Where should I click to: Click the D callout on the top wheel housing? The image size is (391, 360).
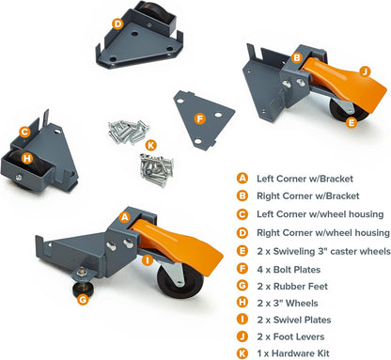pos(117,23)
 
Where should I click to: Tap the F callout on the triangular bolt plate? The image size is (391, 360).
pos(199,119)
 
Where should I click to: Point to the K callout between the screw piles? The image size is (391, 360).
pos(151,146)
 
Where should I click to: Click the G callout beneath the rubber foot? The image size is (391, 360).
pos(83,300)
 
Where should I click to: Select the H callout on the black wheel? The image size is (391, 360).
pos(27,158)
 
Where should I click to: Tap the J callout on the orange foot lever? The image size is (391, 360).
pos(365,71)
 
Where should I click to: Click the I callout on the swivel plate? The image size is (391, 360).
pos(147,260)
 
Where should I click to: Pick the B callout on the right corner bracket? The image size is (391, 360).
pos(296,57)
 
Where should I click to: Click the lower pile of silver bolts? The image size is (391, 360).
pos(156,170)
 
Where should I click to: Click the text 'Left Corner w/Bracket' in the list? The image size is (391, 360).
pos(305,179)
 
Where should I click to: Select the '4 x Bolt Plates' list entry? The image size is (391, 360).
pos(289,270)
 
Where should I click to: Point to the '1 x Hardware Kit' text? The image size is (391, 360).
pos(293,353)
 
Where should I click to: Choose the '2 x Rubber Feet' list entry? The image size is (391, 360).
pos(292,286)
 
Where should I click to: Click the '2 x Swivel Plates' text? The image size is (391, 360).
pos(294,320)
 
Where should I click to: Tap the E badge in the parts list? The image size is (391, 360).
pos(242,251)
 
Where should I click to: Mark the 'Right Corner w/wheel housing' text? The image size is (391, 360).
pos(323,233)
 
